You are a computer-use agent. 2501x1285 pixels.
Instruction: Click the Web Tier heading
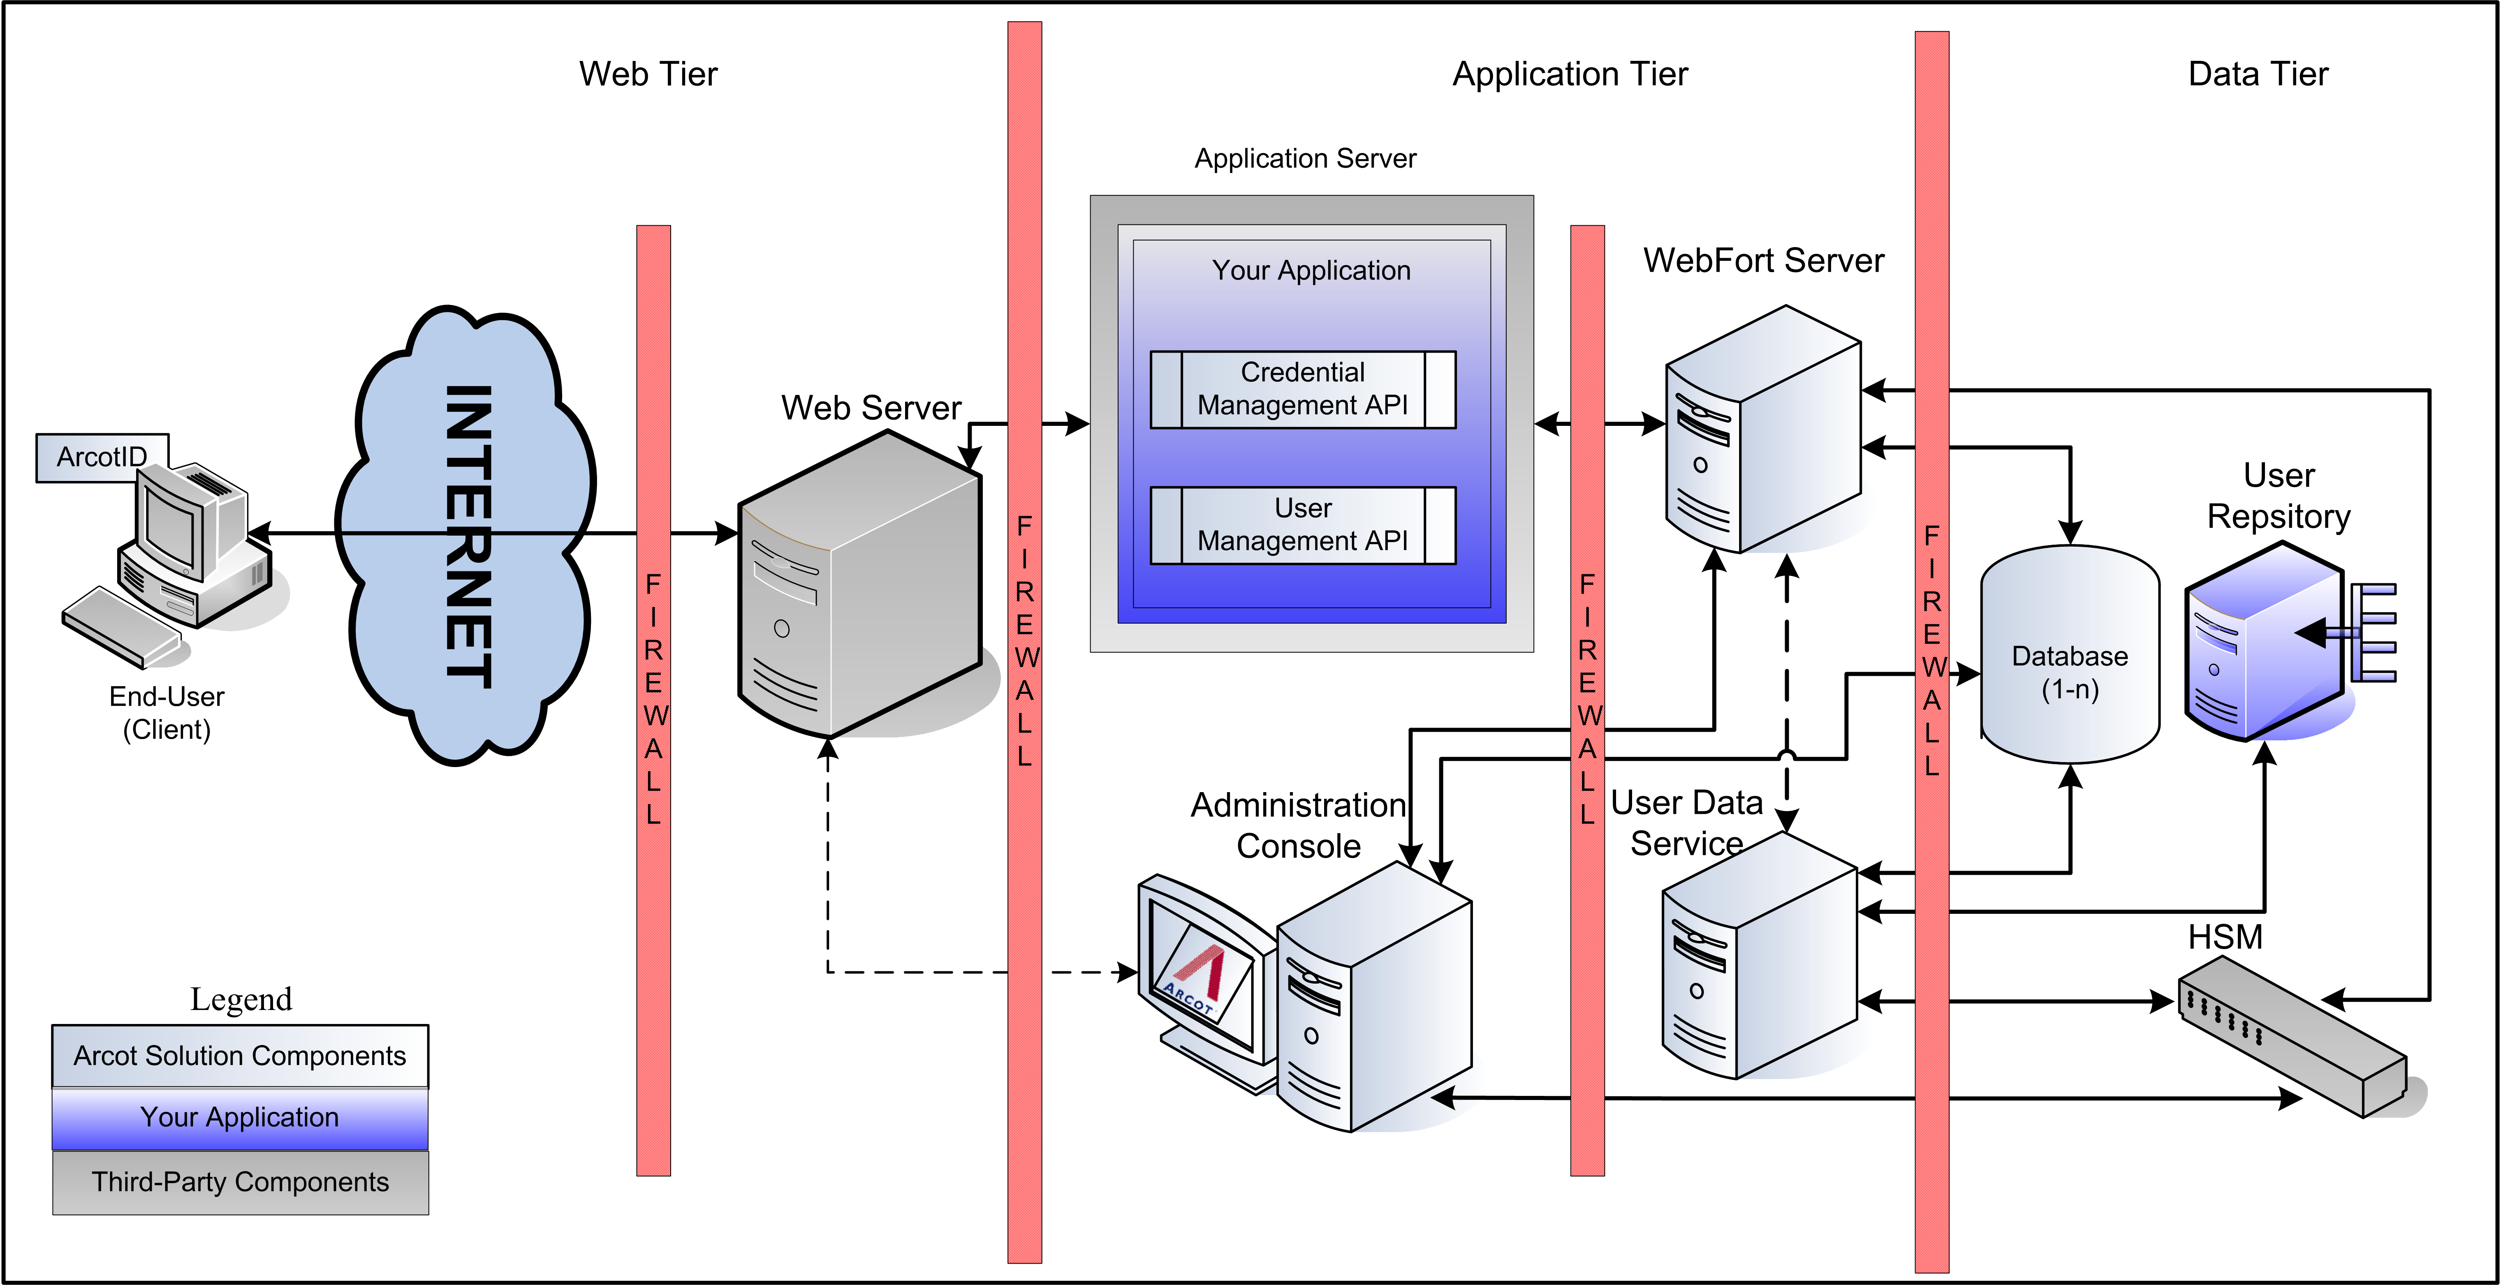(x=648, y=74)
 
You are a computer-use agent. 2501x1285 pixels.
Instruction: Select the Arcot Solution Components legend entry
(x=240, y=1056)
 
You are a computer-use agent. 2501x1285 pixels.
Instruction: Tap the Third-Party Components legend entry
(x=240, y=1182)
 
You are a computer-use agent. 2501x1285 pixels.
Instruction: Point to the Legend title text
(x=241, y=998)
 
